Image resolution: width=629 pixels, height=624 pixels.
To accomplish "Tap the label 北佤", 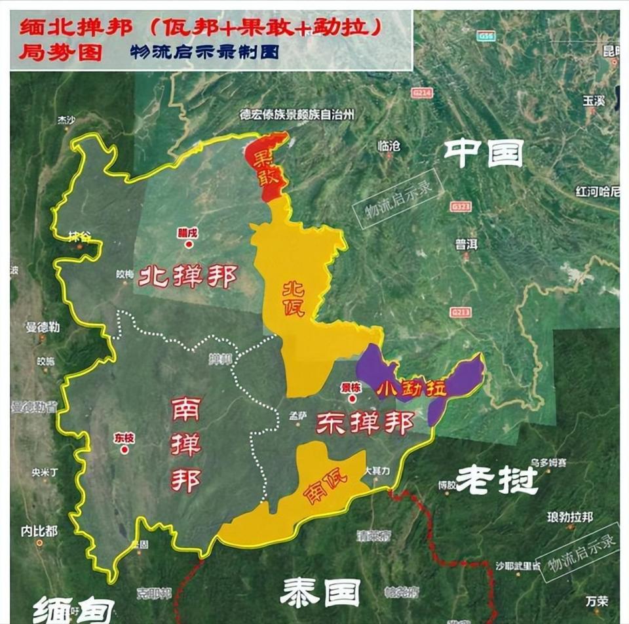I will pos(293,299).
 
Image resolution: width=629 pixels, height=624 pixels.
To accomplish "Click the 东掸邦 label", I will pos(364,423).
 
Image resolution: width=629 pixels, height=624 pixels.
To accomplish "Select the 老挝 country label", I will pos(497,480).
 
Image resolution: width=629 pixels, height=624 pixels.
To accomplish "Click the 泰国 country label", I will pos(320,593).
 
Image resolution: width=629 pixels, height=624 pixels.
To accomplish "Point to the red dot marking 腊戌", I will pos(189,244).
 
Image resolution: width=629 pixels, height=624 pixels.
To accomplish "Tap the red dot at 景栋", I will pos(352,398).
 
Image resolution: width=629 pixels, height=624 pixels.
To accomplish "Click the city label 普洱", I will pos(467,244).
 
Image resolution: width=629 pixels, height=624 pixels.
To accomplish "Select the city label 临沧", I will pos(389,147).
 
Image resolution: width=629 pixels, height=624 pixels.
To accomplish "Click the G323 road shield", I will pos(460,206).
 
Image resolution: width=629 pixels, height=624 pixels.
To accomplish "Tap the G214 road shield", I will pos(422,93).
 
